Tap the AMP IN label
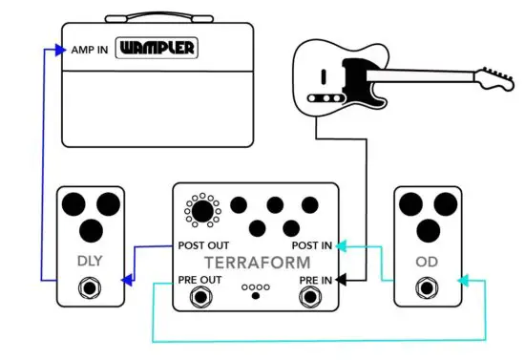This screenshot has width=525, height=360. point(90,49)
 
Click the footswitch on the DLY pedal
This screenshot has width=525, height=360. point(91,286)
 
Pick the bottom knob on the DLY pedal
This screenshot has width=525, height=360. point(91,230)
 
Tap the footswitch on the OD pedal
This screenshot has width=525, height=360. point(427,286)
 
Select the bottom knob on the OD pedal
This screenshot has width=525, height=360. point(427,230)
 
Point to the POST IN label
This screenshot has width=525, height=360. point(312,245)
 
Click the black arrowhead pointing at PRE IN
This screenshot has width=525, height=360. point(341,280)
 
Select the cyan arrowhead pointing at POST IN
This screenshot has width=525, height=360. point(341,245)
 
